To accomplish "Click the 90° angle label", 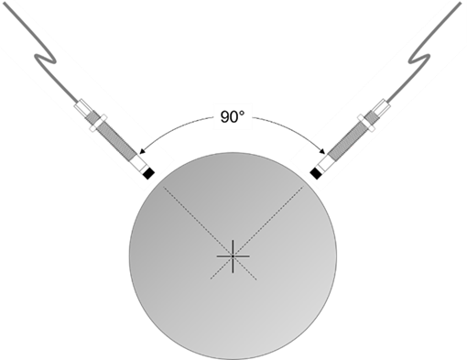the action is click(230, 117).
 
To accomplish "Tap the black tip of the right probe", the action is click(317, 171).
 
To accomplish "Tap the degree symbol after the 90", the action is click(244, 114).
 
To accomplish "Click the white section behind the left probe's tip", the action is click(141, 164).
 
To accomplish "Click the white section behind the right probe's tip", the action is click(324, 164).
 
